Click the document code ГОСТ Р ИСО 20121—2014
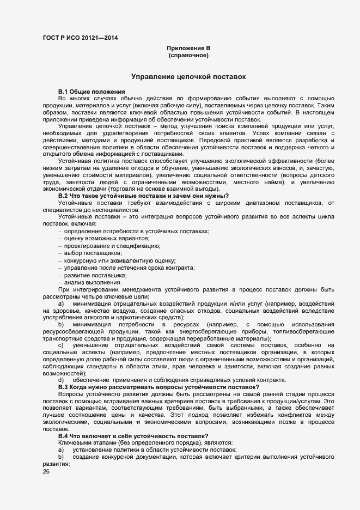pos(80,38)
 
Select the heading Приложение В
pos(188,48)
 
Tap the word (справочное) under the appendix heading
pos(188,56)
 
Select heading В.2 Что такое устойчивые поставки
pos(143,196)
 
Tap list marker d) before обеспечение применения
pos(61,380)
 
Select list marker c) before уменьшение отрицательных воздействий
pos(61,345)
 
